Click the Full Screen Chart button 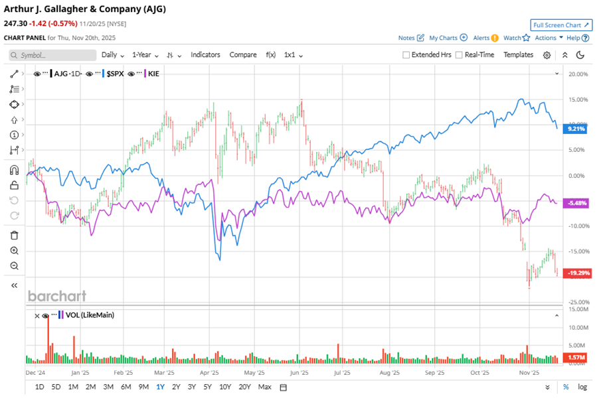coord(561,25)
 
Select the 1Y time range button coord(160,387)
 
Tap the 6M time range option coord(126,387)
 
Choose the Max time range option coord(264,387)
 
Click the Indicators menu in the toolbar coord(205,55)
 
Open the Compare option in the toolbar coord(243,55)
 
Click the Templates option coord(518,55)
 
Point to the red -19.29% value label coord(576,273)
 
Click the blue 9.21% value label coord(575,129)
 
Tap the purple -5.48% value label coord(576,203)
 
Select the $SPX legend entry coord(114,74)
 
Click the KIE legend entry coord(154,74)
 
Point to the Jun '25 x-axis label coord(301,373)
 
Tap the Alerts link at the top coord(481,38)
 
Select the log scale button coord(582,387)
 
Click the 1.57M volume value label coord(575,358)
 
